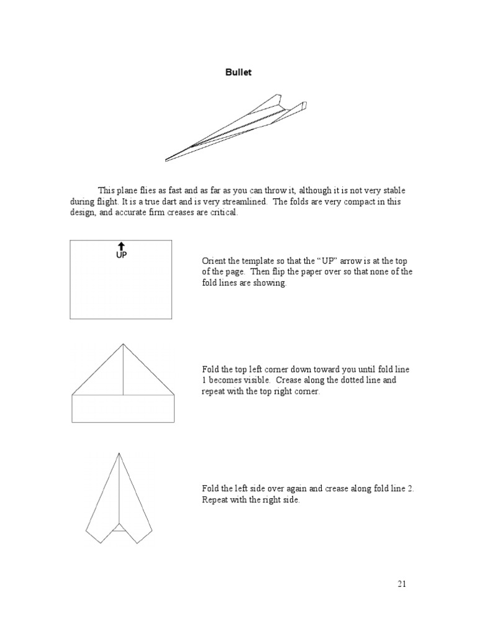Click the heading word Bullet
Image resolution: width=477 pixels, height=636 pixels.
[x=238, y=73]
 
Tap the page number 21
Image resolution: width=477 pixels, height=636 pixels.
[x=402, y=584]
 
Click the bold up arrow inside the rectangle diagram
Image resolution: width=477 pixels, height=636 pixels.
[x=122, y=246]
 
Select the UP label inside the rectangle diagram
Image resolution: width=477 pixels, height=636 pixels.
[x=122, y=255]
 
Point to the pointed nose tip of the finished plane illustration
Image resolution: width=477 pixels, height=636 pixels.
[x=166, y=160]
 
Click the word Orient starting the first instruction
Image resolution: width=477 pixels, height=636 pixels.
[x=214, y=261]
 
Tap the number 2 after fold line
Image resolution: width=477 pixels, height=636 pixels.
[x=411, y=489]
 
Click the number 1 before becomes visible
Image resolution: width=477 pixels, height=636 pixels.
[x=204, y=380]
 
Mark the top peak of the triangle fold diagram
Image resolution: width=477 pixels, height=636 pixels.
[x=123, y=344]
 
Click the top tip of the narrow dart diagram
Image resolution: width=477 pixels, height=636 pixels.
[x=119, y=454]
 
